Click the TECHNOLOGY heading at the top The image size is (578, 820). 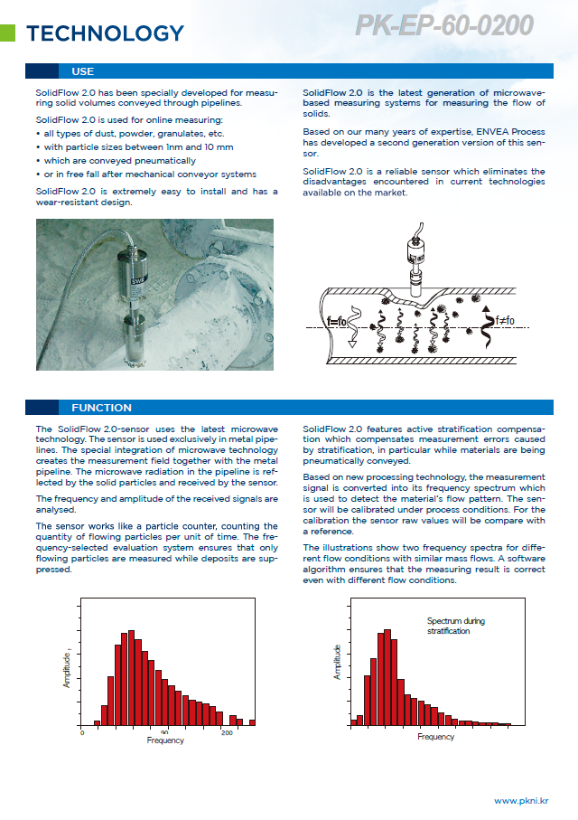[x=105, y=34]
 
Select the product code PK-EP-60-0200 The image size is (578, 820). [x=443, y=26]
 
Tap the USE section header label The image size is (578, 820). [x=82, y=71]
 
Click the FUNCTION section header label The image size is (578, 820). [x=101, y=408]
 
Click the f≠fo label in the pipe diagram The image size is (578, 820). [x=504, y=320]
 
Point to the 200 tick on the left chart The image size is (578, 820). [x=227, y=732]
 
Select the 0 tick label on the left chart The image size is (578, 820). [x=82, y=732]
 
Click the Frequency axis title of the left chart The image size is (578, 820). [x=165, y=740]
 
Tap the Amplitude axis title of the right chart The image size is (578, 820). [x=338, y=662]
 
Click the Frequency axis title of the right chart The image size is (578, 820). [x=436, y=737]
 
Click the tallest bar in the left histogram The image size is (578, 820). [x=132, y=678]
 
